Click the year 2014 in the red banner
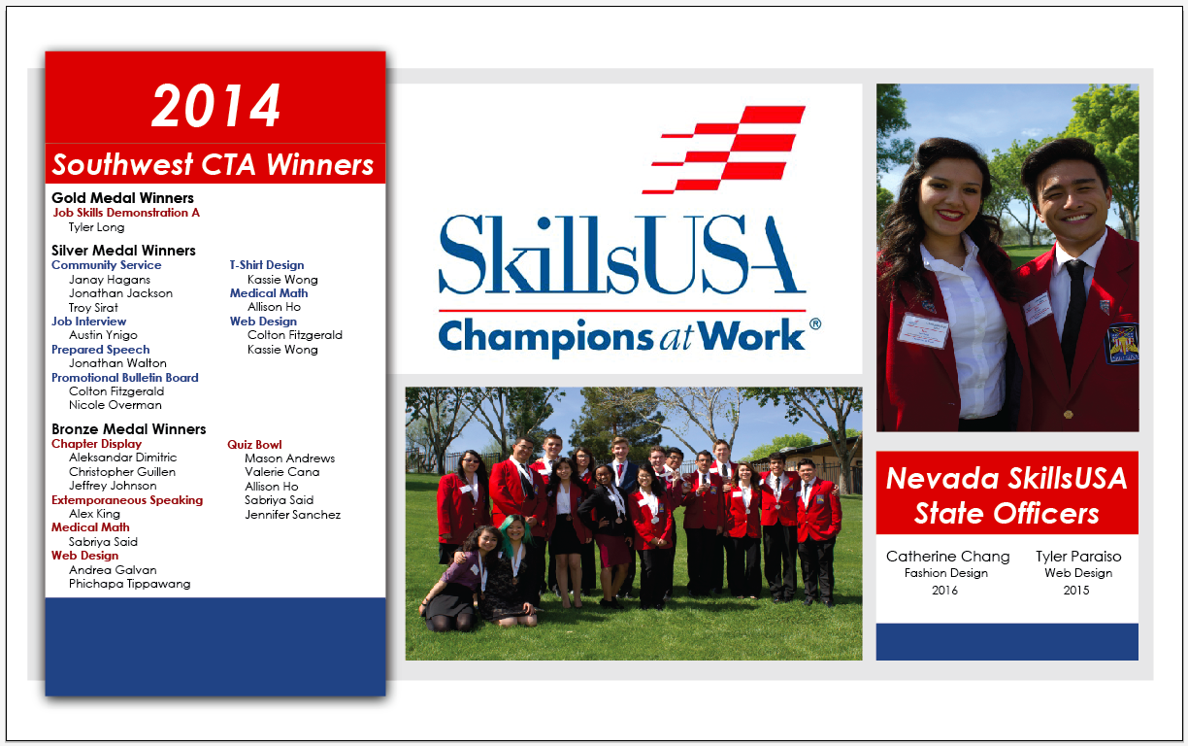pyautogui.click(x=215, y=106)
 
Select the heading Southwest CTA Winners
pyautogui.click(x=214, y=164)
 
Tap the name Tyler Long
pyautogui.click(x=96, y=227)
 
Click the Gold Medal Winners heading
pyautogui.click(x=122, y=198)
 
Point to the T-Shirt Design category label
pyautogui.click(x=267, y=265)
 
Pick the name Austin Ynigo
pyautogui.click(x=103, y=335)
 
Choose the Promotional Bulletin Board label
pyautogui.click(x=125, y=378)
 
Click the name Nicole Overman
pyautogui.click(x=115, y=405)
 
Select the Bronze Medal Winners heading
pyautogui.click(x=129, y=429)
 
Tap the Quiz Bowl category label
pyautogui.click(x=254, y=445)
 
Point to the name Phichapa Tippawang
pyautogui.click(x=129, y=584)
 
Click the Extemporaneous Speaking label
pyautogui.click(x=127, y=500)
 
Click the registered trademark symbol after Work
pyautogui.click(x=815, y=323)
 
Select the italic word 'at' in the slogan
pyautogui.click(x=676, y=338)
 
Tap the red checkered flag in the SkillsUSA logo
pyautogui.click(x=724, y=150)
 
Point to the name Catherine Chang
pyautogui.click(x=947, y=557)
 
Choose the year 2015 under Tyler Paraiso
pyautogui.click(x=1076, y=591)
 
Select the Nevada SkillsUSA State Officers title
pyautogui.click(x=1006, y=495)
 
